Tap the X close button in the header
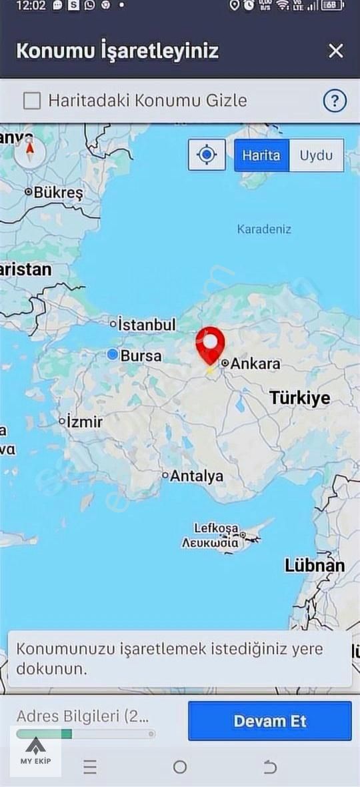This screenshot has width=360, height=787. pos(336,51)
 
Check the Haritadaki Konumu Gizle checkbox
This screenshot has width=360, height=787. pos(32,101)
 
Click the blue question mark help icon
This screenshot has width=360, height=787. pos(335,101)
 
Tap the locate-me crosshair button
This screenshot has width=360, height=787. pos(207,155)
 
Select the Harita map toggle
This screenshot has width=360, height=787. pos(261,155)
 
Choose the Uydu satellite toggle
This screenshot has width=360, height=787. pos(316,155)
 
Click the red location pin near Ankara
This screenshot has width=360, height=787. pos(210,344)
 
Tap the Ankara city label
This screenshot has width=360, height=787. pos(255,364)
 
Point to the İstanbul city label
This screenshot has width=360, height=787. pos(147,325)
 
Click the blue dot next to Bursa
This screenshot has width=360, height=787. pos(113,355)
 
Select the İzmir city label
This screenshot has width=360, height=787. pos(83,422)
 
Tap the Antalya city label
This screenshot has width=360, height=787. pos(196,476)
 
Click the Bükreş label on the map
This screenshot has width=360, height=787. pos(58,193)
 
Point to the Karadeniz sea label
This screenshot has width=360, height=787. pos(264,229)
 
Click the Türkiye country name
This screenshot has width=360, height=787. pos(299,398)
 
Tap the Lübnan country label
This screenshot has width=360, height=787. pos(315,566)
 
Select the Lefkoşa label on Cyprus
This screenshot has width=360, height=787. pos(216,528)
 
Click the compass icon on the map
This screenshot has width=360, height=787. pos(29,152)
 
